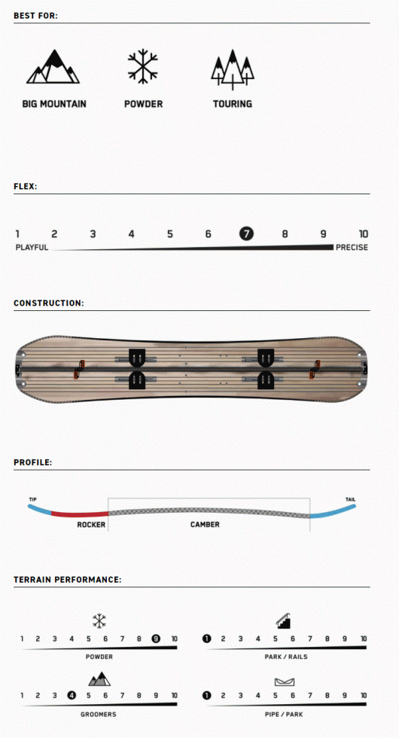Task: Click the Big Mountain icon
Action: pos(53,66)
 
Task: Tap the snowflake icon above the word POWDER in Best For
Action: pos(143,66)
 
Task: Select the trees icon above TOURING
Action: pos(233,69)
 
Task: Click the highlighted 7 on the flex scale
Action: pos(246,233)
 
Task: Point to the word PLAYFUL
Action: pos(32,248)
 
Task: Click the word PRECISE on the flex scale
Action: pos(352,248)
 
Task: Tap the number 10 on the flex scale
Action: pos(363,234)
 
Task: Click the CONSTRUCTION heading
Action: pos(49,303)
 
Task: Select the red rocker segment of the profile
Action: pos(80,514)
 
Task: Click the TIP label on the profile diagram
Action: pos(32,499)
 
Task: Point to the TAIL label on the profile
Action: pos(351,499)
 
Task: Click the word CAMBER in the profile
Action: pos(205,524)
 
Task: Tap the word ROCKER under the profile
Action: pos(91,524)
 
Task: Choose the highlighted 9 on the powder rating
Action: pos(156,639)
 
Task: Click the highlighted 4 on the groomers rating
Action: pos(72,695)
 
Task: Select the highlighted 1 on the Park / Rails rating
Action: pos(206,639)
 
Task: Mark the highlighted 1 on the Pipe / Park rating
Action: pos(206,695)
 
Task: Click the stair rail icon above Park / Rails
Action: pos(284,621)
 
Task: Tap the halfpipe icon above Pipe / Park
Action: pos(285,682)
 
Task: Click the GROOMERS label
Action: pos(99,714)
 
